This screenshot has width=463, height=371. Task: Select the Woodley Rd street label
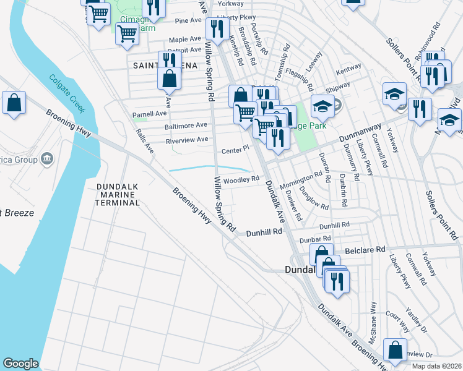tap(241, 181)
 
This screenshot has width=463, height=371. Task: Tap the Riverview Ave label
tap(187, 140)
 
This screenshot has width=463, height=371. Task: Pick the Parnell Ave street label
tap(150, 114)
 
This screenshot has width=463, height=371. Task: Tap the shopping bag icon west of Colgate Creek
tap(14, 103)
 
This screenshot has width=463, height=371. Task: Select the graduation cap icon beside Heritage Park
tap(322, 106)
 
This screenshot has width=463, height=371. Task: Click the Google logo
tap(20, 364)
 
